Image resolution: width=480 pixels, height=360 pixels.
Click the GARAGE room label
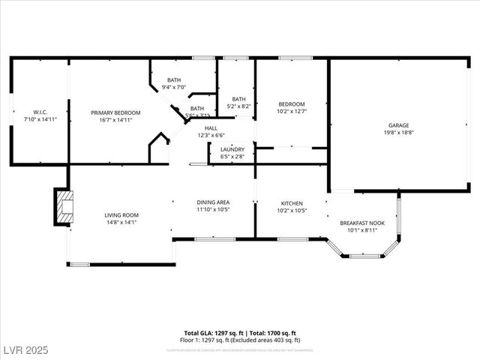point(397,125)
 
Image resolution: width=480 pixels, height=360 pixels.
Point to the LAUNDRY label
point(232,149)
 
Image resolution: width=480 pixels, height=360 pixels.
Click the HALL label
point(211,128)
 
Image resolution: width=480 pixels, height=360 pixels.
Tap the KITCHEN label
point(291,203)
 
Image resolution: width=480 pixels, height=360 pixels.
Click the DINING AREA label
point(213,202)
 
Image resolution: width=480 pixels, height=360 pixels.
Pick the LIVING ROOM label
point(121,215)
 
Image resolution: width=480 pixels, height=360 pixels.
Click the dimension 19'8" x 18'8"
point(397,132)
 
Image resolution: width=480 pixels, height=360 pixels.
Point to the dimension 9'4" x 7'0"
point(174,87)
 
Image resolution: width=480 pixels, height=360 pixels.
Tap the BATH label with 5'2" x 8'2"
point(238,99)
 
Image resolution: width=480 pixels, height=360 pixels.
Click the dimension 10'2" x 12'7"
point(292,111)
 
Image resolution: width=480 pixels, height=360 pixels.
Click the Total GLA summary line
point(240,332)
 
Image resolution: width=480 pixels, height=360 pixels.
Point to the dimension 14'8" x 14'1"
point(121,222)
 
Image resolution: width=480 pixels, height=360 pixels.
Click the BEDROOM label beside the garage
point(292,104)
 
